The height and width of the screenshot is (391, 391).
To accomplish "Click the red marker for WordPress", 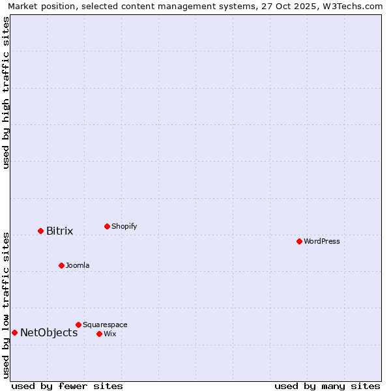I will click(x=299, y=241).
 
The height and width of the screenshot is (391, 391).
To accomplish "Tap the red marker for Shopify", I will click(x=107, y=226).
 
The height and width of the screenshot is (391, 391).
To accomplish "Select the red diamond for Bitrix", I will click(x=40, y=231).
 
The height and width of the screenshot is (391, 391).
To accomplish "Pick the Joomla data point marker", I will click(x=61, y=265).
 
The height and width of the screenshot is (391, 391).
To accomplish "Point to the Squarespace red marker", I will click(x=78, y=325).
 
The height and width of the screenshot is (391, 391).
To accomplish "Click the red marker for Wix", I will click(x=99, y=334).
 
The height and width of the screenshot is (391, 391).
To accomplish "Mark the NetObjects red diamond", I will click(x=14, y=332).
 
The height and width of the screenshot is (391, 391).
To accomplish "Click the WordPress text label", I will click(x=322, y=242).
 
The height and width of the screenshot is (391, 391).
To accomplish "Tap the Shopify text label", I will click(x=124, y=227).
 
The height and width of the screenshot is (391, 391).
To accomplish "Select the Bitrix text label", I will click(x=59, y=231).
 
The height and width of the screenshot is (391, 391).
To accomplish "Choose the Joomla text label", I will click(x=78, y=266).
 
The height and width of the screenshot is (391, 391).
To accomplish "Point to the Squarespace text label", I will click(x=105, y=325).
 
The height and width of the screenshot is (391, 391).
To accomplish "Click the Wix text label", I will click(x=109, y=334).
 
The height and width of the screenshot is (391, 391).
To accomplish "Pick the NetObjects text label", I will click(x=49, y=333).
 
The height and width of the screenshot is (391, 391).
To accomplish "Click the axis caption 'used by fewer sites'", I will click(x=67, y=386).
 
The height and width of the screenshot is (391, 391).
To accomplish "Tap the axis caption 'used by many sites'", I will click(x=327, y=386).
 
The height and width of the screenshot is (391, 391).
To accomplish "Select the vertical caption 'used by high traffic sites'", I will click(x=6, y=93).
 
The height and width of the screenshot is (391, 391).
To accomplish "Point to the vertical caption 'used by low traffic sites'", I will click(x=6, y=304).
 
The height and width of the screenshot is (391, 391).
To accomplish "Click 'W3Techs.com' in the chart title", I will click(x=354, y=6).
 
